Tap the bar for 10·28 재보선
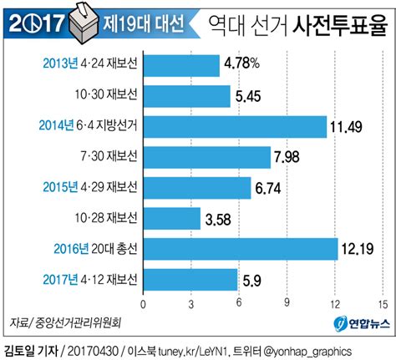tap(171, 219)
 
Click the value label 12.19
tap(361, 250)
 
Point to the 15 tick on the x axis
tap(383, 303)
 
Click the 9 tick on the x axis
tap(287, 303)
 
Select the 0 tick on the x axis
tap(144, 303)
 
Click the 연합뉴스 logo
tap(358, 323)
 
